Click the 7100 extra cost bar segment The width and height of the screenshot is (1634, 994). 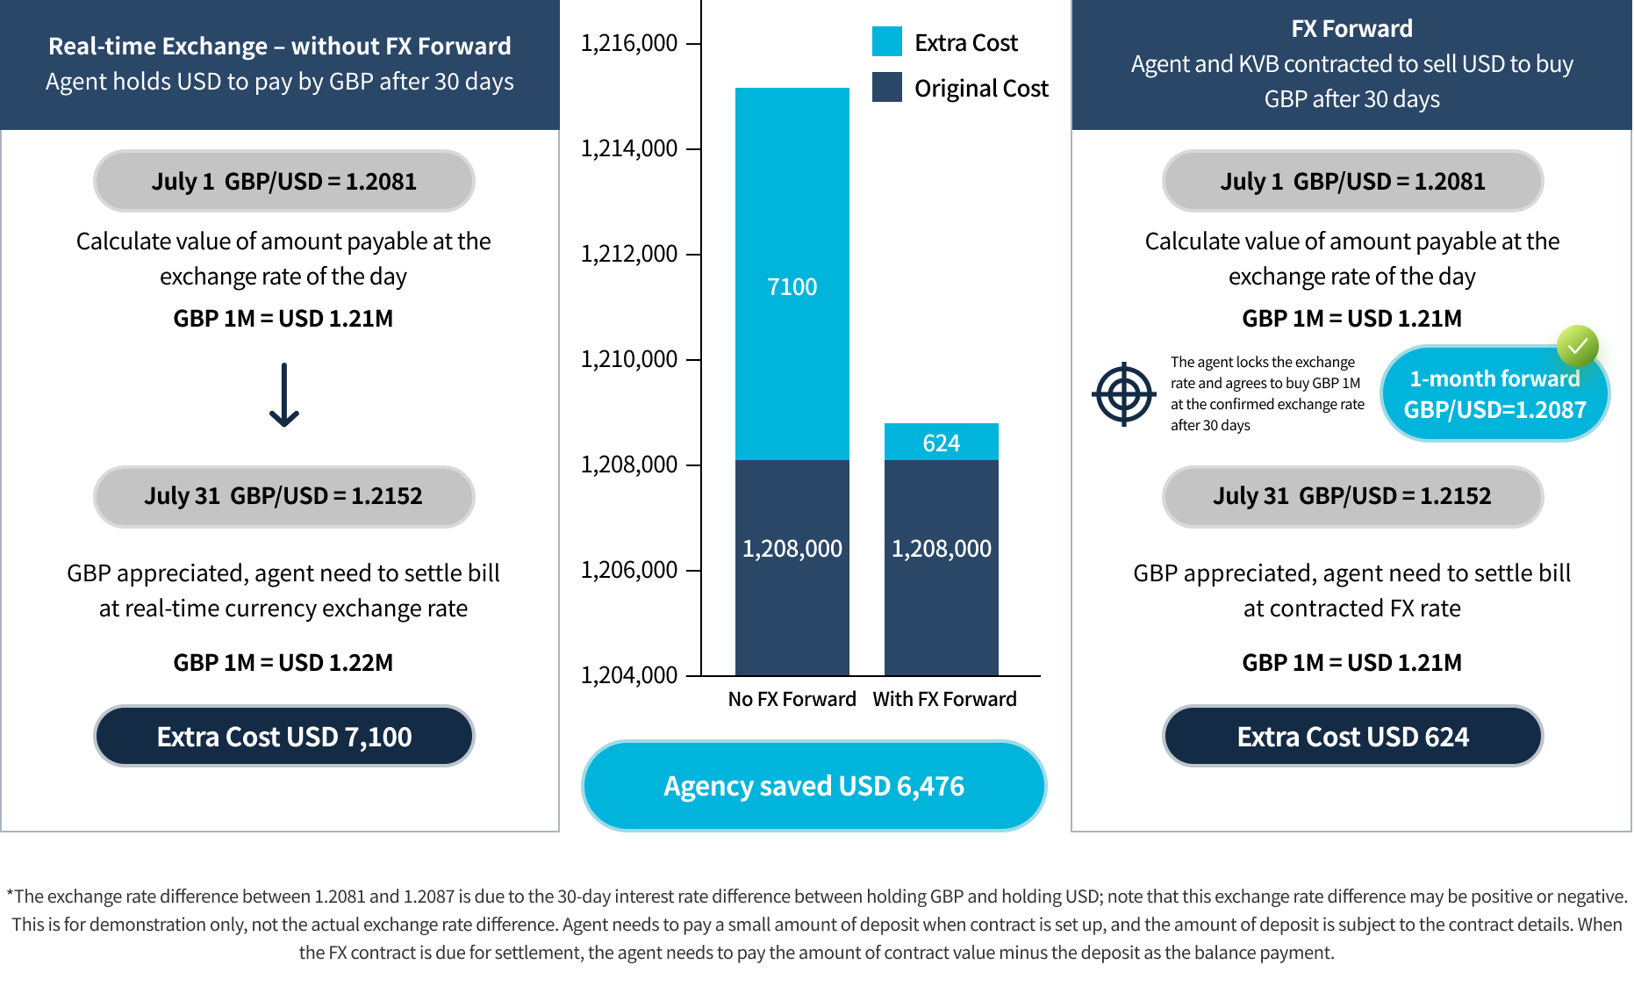pos(792,273)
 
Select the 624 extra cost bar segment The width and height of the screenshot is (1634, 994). pos(941,442)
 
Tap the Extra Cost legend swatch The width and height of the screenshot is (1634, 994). pos(886,41)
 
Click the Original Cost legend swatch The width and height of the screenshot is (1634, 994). pos(886,87)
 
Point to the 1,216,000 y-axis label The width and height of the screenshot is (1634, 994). pos(628,42)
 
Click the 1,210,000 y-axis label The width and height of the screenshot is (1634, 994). pos(628,358)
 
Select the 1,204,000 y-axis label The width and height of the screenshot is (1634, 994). pos(628,674)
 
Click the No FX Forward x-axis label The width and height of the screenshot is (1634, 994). pos(792,699)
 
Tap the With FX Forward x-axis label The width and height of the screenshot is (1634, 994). pos(944,699)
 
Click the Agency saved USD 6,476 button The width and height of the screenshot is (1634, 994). pos(813,785)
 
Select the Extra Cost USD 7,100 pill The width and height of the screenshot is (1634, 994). pos(283,736)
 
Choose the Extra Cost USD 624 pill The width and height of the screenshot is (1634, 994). pos(1352,736)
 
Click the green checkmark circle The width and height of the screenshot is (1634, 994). pos(1577,346)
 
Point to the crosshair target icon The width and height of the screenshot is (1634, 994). pos(1123,393)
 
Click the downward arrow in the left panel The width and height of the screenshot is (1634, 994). pos(283,395)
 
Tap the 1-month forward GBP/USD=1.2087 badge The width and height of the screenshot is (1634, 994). pos(1494,393)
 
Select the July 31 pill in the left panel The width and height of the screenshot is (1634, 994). pos(283,496)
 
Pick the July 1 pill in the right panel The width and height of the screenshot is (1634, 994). pos(1352,181)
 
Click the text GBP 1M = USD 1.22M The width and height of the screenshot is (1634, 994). pos(283,662)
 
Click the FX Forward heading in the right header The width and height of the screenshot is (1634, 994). pos(1351,28)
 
